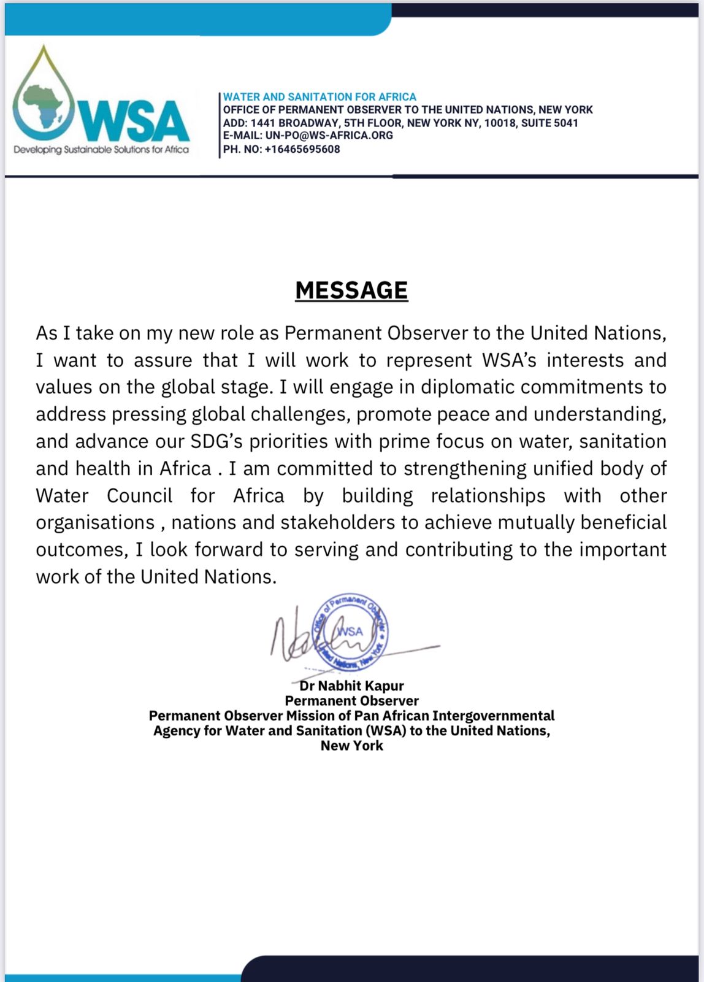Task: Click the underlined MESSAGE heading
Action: [x=351, y=290]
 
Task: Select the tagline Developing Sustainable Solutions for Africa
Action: [x=101, y=150]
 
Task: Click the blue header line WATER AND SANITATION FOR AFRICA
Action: [x=319, y=97]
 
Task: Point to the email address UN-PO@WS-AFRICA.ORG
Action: [x=329, y=136]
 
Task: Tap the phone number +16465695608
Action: [x=302, y=149]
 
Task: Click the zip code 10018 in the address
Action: [x=500, y=123]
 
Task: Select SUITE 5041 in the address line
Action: [x=549, y=123]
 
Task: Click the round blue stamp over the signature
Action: [x=350, y=632]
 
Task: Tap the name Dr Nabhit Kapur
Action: [x=351, y=686]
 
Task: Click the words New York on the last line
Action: [x=351, y=746]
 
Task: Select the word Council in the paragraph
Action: [x=139, y=495]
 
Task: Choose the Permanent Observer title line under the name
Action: [x=351, y=701]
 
